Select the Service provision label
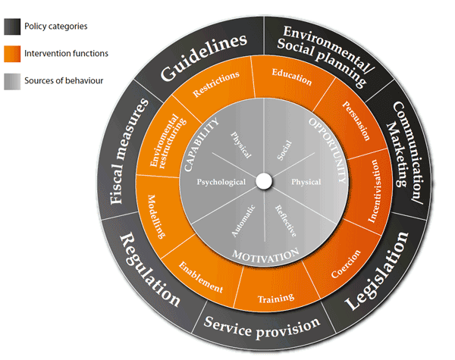coord(262,326)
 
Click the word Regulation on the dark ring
coord(149,270)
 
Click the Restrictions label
coord(217,85)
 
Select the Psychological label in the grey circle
coord(221,183)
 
